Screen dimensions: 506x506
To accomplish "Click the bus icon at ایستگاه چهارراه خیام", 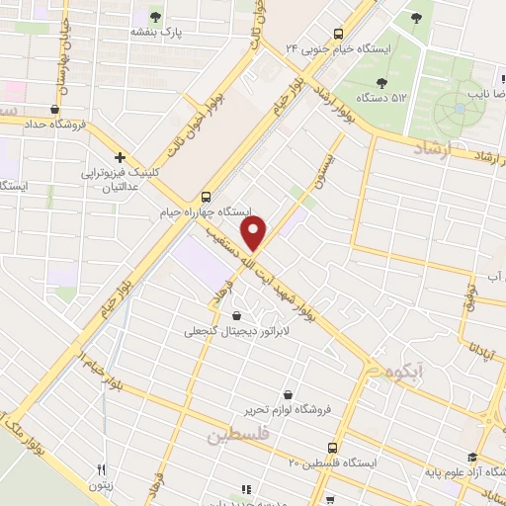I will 206,196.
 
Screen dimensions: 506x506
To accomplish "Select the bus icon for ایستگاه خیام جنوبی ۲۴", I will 338,32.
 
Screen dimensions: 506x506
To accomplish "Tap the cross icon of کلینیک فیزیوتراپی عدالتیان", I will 120,157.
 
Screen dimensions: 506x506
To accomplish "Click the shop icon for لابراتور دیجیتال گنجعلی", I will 235,315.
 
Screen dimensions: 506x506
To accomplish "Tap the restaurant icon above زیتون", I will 101,469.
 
